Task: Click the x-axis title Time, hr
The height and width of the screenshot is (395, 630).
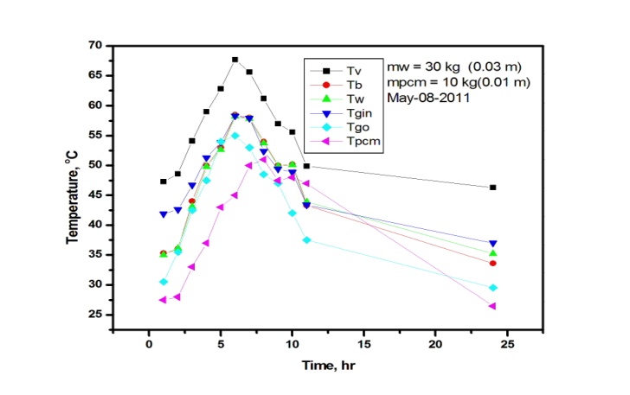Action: tap(327, 366)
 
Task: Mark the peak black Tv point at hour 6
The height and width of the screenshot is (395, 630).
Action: tap(235, 60)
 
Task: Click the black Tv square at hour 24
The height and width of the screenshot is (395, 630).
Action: tap(492, 188)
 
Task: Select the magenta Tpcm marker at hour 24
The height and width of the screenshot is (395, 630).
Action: tap(492, 306)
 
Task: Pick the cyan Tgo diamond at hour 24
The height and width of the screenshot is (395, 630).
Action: tap(492, 288)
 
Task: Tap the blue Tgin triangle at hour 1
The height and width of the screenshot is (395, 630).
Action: tap(164, 214)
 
